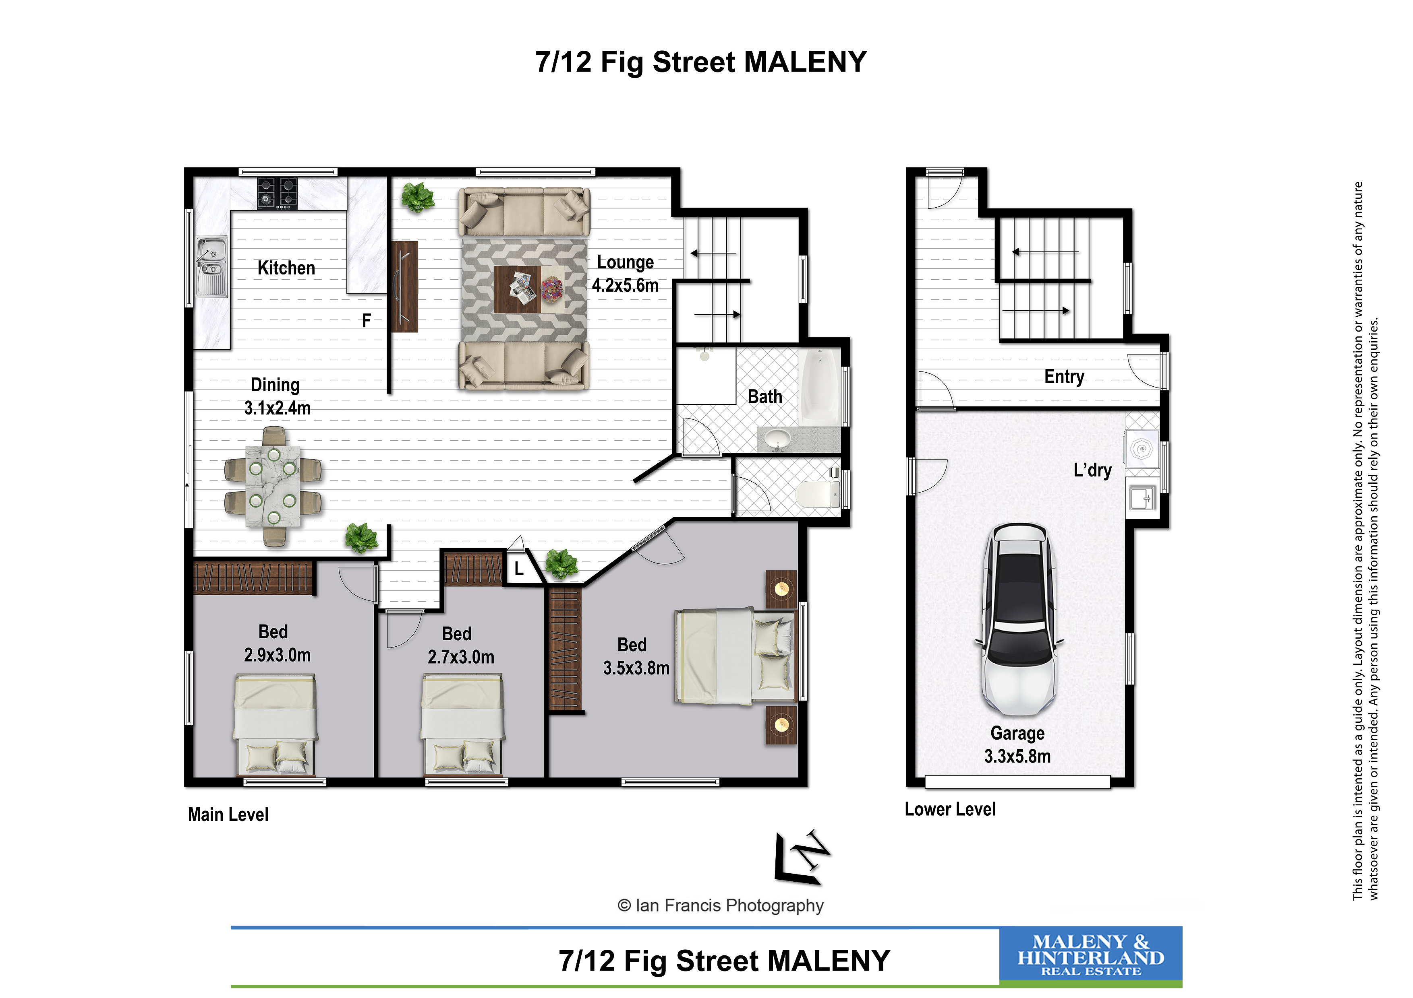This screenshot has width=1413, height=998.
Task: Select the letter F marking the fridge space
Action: tap(366, 320)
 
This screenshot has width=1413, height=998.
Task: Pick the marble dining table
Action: tap(273, 486)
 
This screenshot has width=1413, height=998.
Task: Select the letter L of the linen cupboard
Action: tap(519, 569)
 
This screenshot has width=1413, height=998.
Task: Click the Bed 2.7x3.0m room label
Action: tap(461, 645)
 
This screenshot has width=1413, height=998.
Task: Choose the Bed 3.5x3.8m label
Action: tap(636, 656)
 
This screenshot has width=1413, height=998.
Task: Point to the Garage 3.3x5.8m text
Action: tap(1017, 744)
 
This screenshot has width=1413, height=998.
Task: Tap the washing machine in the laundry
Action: tap(1142, 449)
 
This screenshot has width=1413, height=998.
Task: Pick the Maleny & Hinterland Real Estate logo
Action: tap(1090, 956)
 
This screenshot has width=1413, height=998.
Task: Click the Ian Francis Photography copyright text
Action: tap(720, 906)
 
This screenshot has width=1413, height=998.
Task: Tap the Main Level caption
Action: tap(228, 815)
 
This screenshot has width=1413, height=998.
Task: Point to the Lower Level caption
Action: tap(950, 809)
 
